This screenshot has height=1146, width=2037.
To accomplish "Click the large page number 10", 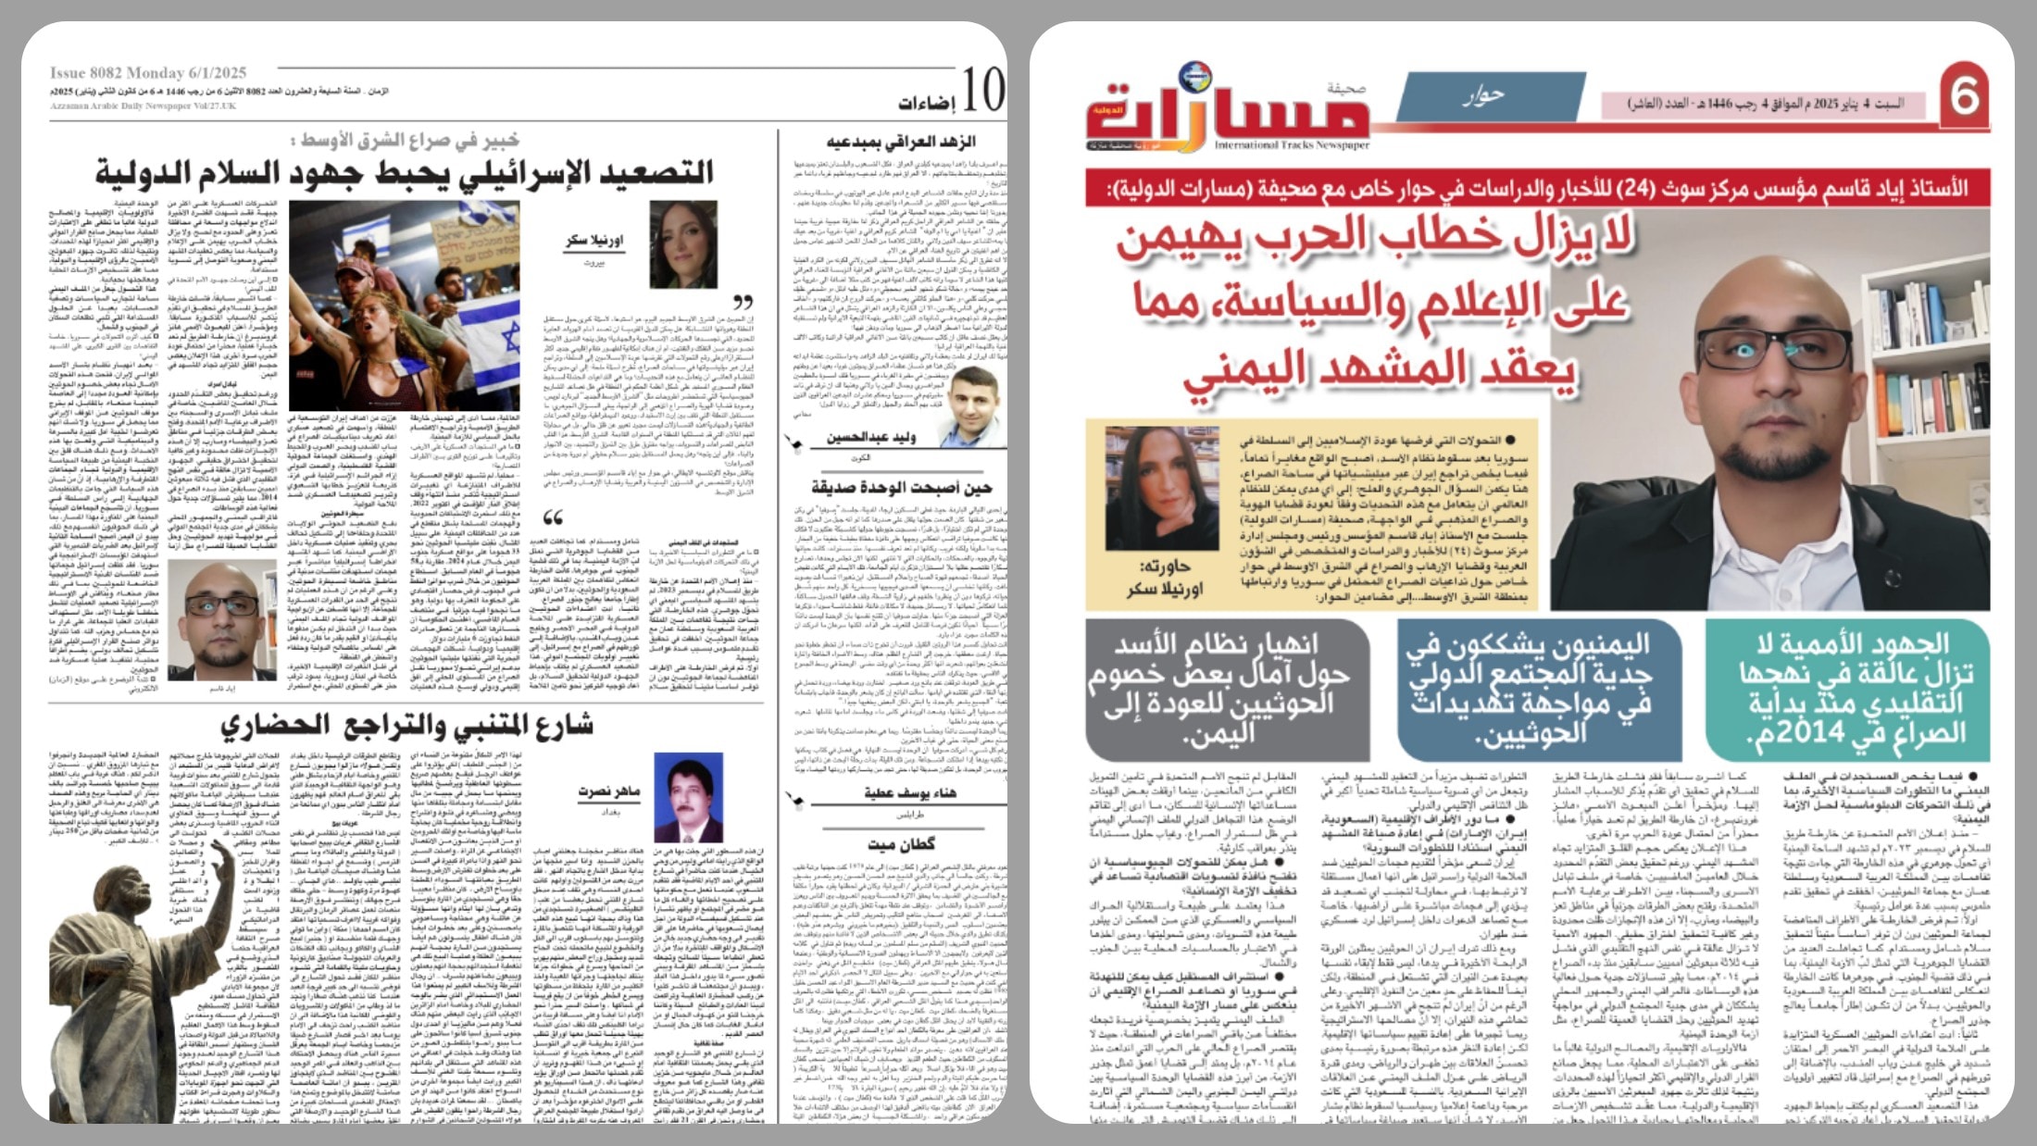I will pyautogui.click(x=981, y=91).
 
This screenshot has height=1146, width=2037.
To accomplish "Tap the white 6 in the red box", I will pyautogui.click(x=1964, y=95).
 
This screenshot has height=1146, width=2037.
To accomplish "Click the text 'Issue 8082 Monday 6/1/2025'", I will pyautogui.click(x=148, y=72).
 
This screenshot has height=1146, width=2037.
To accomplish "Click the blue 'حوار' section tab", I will pyautogui.click(x=1483, y=95).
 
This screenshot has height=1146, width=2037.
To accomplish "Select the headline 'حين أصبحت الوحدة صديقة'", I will pyautogui.click(x=900, y=487).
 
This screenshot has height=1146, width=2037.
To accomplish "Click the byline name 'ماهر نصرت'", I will pyautogui.click(x=608, y=791).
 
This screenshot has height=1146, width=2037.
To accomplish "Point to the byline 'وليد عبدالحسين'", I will pyautogui.click(x=870, y=437).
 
